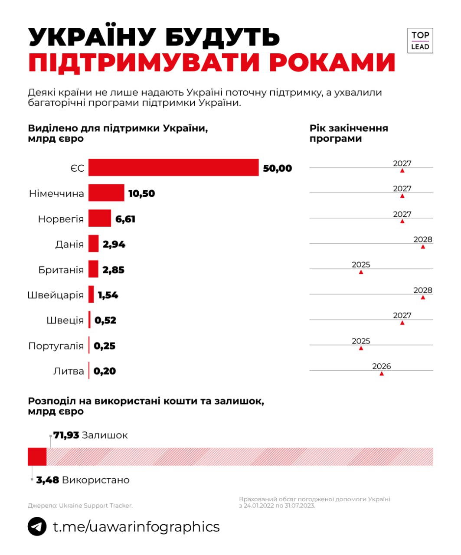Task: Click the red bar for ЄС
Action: tap(173, 168)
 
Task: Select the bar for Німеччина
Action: tap(106, 193)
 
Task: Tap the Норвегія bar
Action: tap(100, 219)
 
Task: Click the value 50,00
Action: tap(278, 168)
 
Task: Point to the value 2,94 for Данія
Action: tap(114, 244)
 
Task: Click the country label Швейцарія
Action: tap(56, 295)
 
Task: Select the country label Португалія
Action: tap(56, 346)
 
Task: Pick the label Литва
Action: tap(69, 371)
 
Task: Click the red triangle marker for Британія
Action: tap(361, 272)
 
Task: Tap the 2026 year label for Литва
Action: tap(382, 366)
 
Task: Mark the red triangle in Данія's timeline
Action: tap(423, 247)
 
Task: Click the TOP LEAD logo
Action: tap(420, 41)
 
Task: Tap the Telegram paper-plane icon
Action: tap(37, 526)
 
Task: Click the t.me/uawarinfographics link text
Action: tap(136, 526)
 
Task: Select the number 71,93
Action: tap(66, 435)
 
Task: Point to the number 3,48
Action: tap(48, 480)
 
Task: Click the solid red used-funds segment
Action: tap(37, 457)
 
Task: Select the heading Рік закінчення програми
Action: tap(349, 134)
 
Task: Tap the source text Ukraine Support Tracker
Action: tap(95, 506)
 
